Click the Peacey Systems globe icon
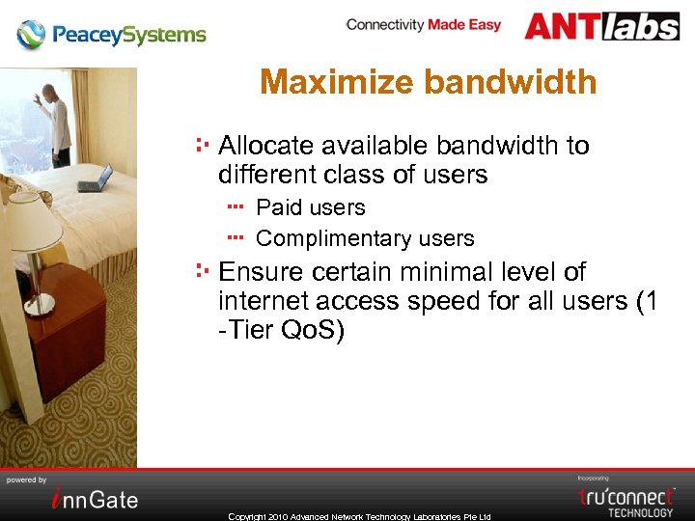click(31, 36)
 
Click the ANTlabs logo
click(601, 26)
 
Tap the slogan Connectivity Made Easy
click(424, 24)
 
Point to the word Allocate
click(265, 146)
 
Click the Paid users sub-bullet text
click(310, 207)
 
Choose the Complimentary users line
click(365, 238)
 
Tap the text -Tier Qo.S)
click(281, 330)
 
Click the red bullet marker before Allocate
click(203, 145)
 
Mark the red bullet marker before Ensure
click(203, 271)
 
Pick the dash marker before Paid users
click(237, 206)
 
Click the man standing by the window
click(57, 121)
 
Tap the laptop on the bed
click(95, 179)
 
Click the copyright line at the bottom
click(359, 516)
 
